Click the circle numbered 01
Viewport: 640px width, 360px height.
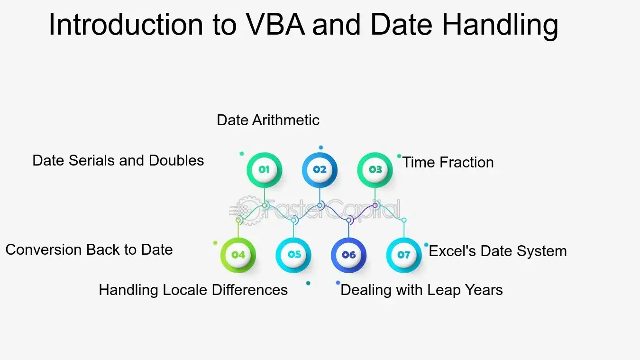(x=264, y=170)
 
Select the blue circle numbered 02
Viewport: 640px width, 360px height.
(x=320, y=170)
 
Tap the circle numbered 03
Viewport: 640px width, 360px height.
(x=375, y=170)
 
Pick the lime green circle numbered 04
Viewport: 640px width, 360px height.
(x=238, y=255)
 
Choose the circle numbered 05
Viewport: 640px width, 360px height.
(x=293, y=255)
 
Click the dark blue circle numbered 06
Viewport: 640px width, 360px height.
(x=348, y=255)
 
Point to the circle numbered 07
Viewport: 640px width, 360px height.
(x=404, y=255)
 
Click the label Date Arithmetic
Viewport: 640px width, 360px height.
(x=268, y=120)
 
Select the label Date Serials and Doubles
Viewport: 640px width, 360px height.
(x=118, y=160)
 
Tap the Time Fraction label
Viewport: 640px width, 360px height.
(x=448, y=162)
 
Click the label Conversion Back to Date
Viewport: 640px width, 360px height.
(x=89, y=249)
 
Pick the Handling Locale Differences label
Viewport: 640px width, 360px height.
(x=193, y=290)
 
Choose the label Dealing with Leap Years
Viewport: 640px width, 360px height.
(x=422, y=290)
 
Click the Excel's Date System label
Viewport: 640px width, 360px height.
(x=498, y=251)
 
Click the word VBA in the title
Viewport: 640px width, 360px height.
(x=275, y=25)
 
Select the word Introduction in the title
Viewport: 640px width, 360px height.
(x=126, y=25)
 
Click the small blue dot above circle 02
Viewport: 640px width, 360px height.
(x=321, y=148)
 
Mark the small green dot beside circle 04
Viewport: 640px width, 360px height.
(x=215, y=243)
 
